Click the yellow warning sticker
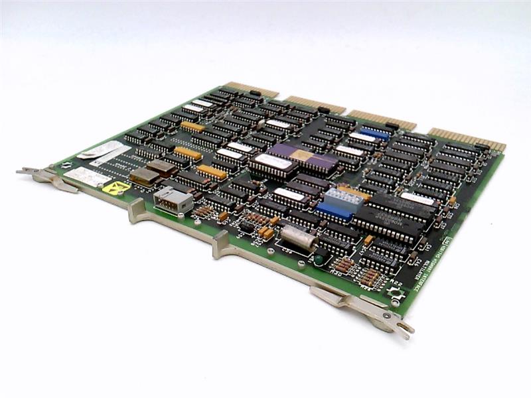[x=115, y=188]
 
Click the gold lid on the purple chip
[x=302, y=155]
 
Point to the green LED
[x=319, y=259]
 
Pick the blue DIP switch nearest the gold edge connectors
[x=376, y=134]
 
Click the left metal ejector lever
[x=46, y=177]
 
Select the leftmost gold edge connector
[x=252, y=90]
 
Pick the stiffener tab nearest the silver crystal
[x=221, y=243]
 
